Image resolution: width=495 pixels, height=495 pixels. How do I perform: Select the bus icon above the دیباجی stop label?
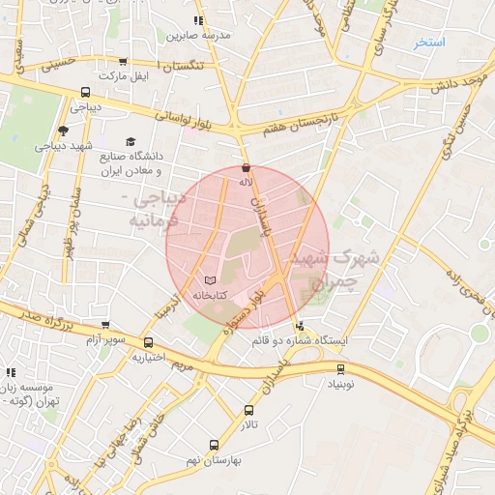coord(85,93)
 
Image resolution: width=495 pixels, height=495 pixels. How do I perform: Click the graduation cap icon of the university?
coord(131,142)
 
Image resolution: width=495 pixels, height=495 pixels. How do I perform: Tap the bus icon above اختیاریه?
coord(148,342)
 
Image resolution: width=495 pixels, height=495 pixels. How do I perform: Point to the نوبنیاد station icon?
coord(340,367)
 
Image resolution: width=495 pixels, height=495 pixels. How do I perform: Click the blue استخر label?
coord(427,43)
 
